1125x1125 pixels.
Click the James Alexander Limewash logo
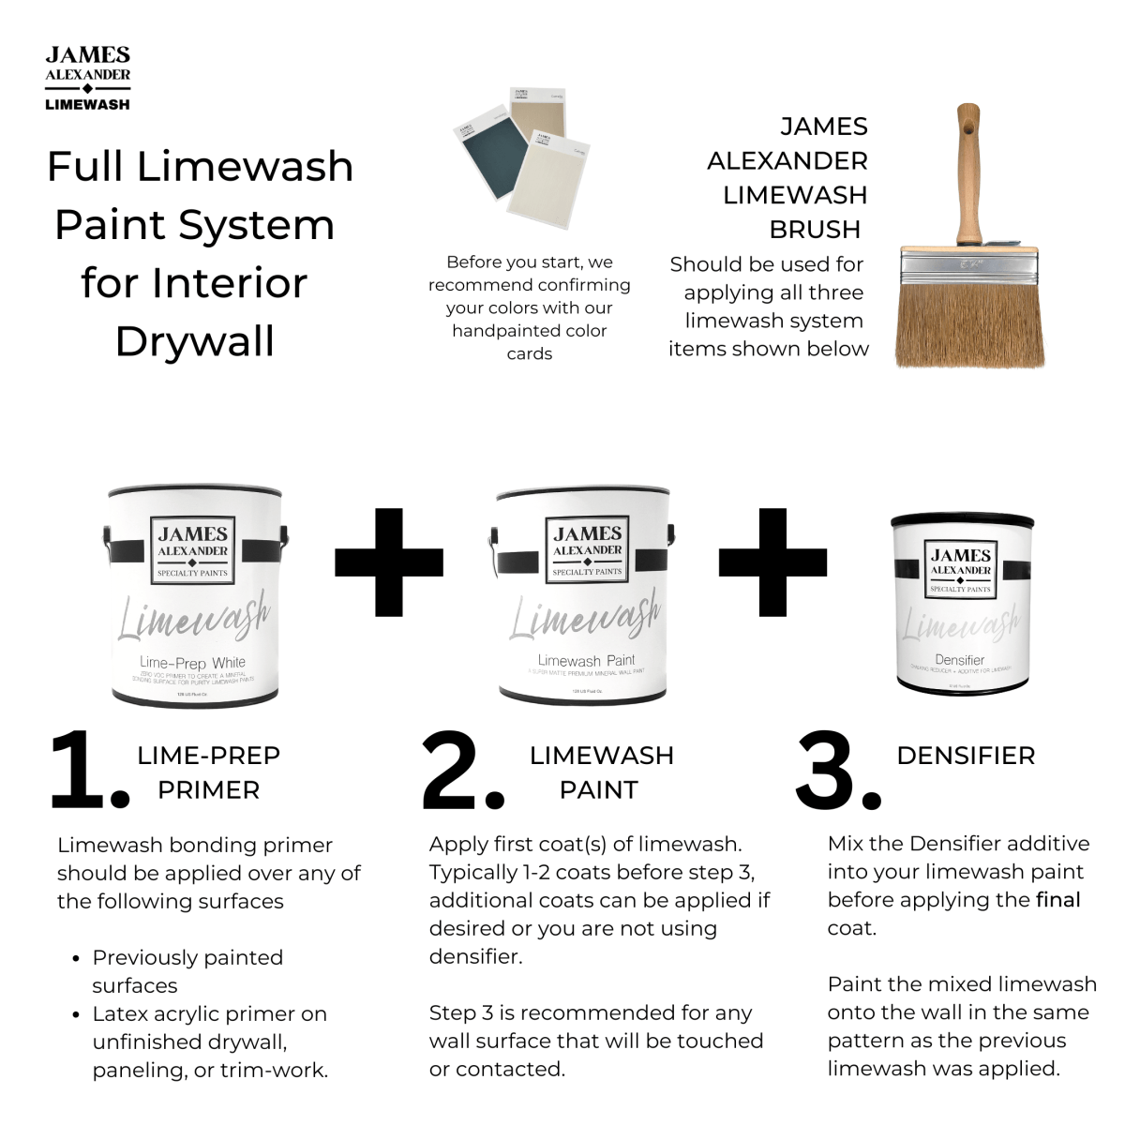(87, 79)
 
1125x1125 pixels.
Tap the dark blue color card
(487, 159)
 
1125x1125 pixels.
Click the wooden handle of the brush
(968, 178)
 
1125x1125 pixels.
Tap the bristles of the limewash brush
(969, 323)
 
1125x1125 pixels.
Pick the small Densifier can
(961, 605)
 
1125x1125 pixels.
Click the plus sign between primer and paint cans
(388, 562)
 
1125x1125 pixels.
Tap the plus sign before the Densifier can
(772, 562)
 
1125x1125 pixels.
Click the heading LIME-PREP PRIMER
(208, 772)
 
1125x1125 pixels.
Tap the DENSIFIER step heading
(966, 756)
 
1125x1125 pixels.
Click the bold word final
(1057, 900)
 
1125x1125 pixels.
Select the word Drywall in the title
(195, 341)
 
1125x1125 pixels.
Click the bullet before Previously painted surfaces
(76, 959)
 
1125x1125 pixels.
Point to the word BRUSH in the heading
(815, 230)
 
